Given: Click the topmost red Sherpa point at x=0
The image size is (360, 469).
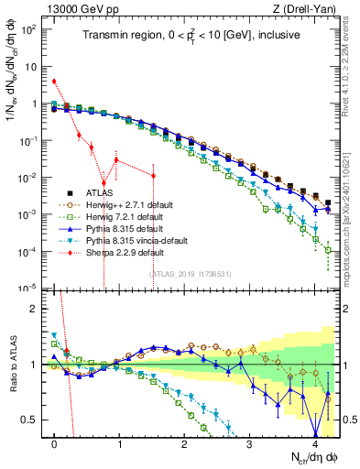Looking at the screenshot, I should click(x=55, y=81).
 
